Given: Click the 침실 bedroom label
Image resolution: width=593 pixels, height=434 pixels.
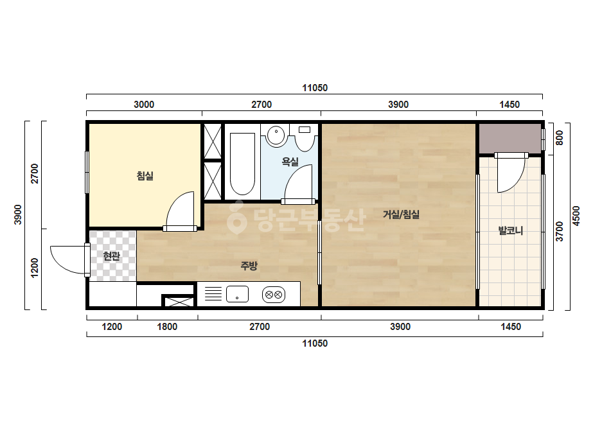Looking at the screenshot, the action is [145, 176].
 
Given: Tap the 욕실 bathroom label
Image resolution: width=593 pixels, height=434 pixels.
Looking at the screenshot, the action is [290, 162].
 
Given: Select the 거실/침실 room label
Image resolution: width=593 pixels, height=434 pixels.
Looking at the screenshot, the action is [401, 214].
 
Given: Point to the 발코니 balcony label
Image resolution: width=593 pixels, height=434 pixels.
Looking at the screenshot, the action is [511, 230].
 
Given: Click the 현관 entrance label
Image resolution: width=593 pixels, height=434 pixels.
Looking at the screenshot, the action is [112, 256].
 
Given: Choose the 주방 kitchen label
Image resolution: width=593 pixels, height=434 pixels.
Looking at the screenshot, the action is [249, 266].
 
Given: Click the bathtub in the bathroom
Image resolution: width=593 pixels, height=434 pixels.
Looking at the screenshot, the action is [242, 164].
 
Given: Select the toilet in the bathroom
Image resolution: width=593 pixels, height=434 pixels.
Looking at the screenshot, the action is [305, 138].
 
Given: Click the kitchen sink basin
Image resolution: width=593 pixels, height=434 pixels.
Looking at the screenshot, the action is [237, 294].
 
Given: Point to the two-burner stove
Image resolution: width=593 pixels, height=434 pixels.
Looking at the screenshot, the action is [274, 295].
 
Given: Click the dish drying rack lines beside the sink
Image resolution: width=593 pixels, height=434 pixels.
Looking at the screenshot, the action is [213, 294].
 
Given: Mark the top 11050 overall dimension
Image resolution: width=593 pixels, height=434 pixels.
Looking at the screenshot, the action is [315, 88].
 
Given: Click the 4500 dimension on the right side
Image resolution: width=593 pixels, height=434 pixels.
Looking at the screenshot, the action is [576, 216].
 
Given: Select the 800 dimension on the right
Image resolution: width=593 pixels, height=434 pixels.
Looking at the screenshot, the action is [560, 137].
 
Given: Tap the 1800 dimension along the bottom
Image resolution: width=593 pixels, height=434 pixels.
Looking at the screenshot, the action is [167, 327].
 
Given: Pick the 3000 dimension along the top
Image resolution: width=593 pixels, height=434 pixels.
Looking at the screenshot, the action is [144, 105].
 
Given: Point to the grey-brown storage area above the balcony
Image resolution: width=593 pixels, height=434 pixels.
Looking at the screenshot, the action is [510, 139].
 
